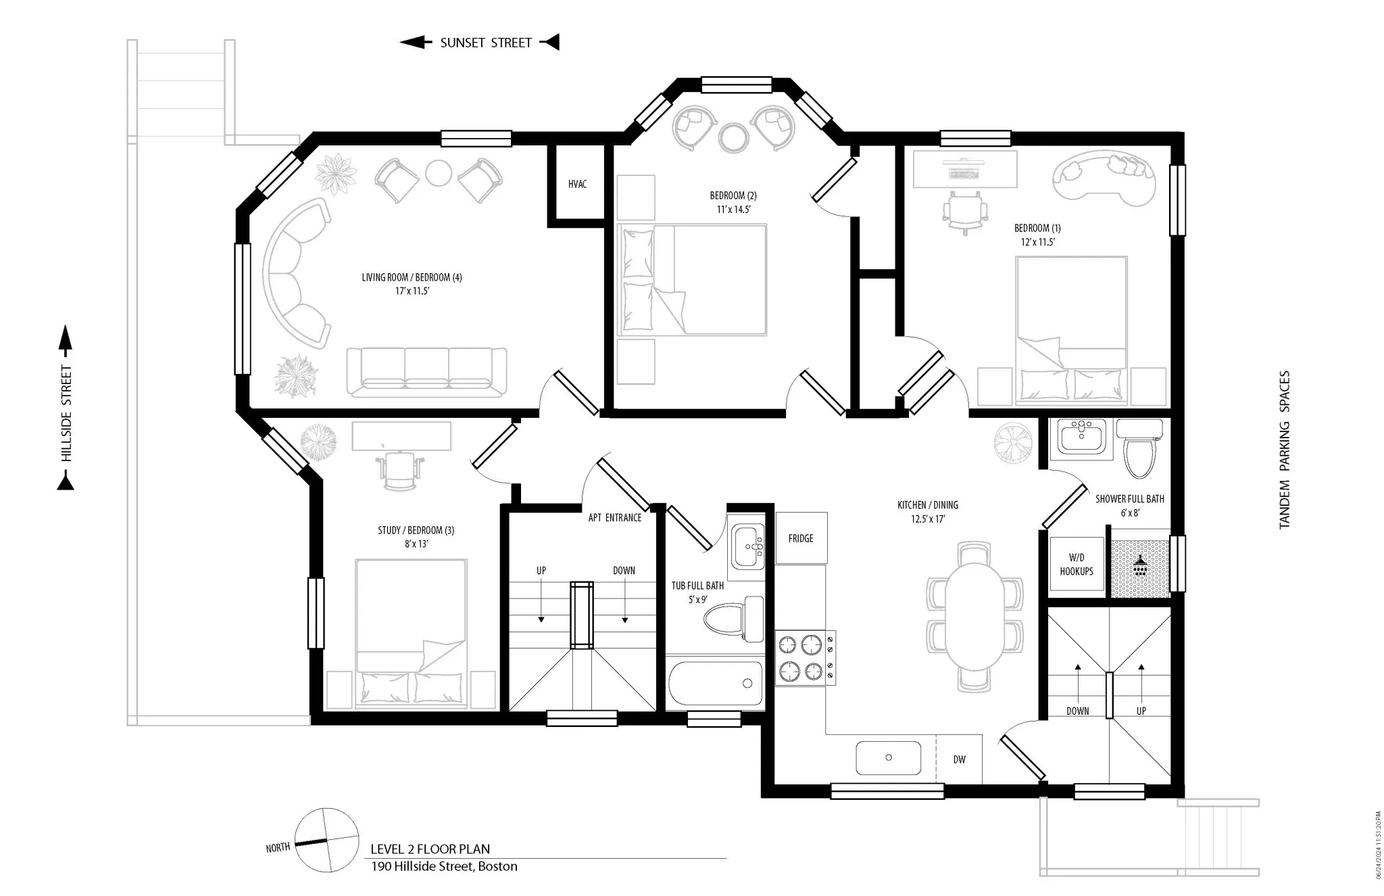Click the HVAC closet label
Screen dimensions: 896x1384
tap(577, 184)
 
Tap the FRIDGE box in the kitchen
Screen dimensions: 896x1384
tap(801, 538)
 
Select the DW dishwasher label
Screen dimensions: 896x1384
tap(959, 759)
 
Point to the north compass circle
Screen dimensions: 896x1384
tap(327, 840)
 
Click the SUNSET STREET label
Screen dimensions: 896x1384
tap(485, 43)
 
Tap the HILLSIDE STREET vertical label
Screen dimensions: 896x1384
tap(66, 413)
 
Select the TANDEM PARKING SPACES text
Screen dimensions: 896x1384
tap(1285, 449)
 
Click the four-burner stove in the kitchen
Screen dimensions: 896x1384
tap(804, 657)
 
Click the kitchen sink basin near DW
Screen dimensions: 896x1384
tap(888, 757)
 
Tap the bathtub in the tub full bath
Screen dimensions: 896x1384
tap(715, 683)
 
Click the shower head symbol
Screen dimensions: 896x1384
tap(1141, 565)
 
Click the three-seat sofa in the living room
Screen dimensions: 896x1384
tap(426, 371)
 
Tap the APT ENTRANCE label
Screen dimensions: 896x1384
tap(614, 517)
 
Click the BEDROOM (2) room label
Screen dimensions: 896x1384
tap(733, 195)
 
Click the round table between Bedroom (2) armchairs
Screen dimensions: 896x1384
tap(733, 137)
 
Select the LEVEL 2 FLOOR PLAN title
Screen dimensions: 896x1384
tap(430, 849)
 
